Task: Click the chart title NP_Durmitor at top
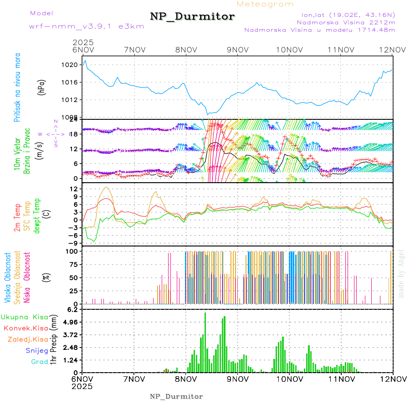[x=192, y=17]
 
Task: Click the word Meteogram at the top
[x=265, y=4]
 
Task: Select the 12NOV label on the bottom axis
[x=393, y=379]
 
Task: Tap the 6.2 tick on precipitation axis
[x=73, y=309]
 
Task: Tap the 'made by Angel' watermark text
[x=401, y=273]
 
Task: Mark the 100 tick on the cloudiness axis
[x=71, y=251]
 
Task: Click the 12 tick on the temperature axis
[x=73, y=189]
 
